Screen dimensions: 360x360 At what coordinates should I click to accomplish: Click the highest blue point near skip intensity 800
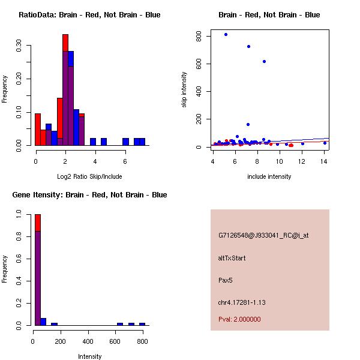point(226,34)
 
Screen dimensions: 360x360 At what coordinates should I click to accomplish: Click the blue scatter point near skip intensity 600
point(264,61)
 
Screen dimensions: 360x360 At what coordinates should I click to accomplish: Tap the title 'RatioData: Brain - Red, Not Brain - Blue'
point(89,14)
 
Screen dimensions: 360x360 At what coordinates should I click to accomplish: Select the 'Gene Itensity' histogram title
point(89,194)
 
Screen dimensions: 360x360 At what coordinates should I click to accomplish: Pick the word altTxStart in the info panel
point(232,258)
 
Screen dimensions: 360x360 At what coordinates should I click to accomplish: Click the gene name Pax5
point(225,280)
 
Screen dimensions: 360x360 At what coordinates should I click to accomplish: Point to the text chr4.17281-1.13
point(241,302)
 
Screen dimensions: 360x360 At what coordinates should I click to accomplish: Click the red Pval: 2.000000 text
point(239,319)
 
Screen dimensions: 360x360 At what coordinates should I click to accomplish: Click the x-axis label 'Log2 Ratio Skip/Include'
point(89,176)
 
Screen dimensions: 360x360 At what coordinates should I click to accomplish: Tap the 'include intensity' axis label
point(269,176)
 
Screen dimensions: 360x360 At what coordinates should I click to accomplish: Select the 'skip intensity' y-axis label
point(185,90)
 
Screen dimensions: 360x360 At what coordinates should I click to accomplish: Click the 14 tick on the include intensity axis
point(325,161)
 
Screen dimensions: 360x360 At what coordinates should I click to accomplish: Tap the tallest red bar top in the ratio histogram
point(65,35)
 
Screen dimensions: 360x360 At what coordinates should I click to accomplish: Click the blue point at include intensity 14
point(325,143)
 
